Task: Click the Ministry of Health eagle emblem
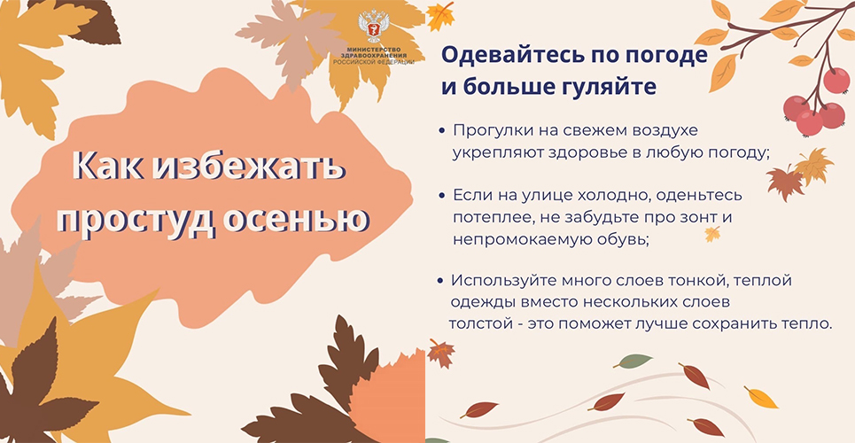[374, 27]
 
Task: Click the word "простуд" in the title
[136, 220]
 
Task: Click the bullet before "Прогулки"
[442, 131]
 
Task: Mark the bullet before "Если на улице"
[442, 195]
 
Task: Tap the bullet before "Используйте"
[440, 282]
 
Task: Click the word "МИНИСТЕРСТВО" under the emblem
[374, 50]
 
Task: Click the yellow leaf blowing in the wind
[761, 397]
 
